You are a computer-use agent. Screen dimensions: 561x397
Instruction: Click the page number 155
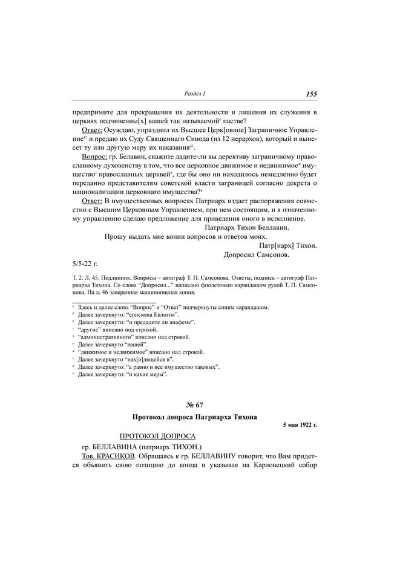point(311,94)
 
